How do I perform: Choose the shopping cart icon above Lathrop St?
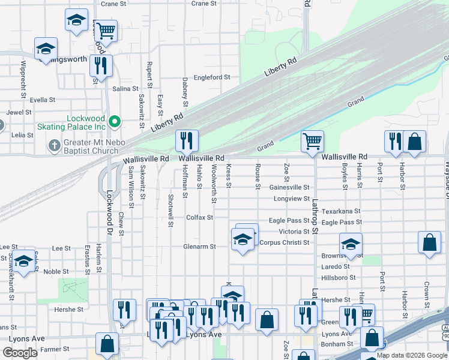pos(312,142)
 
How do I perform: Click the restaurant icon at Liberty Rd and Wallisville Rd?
pos(187,141)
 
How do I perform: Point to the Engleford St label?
pos(212,77)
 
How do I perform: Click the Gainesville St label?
pos(289,187)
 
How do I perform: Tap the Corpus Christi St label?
pos(284,242)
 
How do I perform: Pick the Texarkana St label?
pos(340,211)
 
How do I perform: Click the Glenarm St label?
pos(200,246)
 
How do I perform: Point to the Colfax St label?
pos(199,217)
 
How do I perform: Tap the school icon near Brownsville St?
pos(350,244)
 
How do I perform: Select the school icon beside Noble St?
pos(23,262)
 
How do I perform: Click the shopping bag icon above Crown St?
pos(429,242)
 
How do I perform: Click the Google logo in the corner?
pos(20,353)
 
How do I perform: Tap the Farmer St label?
pos(55,349)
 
